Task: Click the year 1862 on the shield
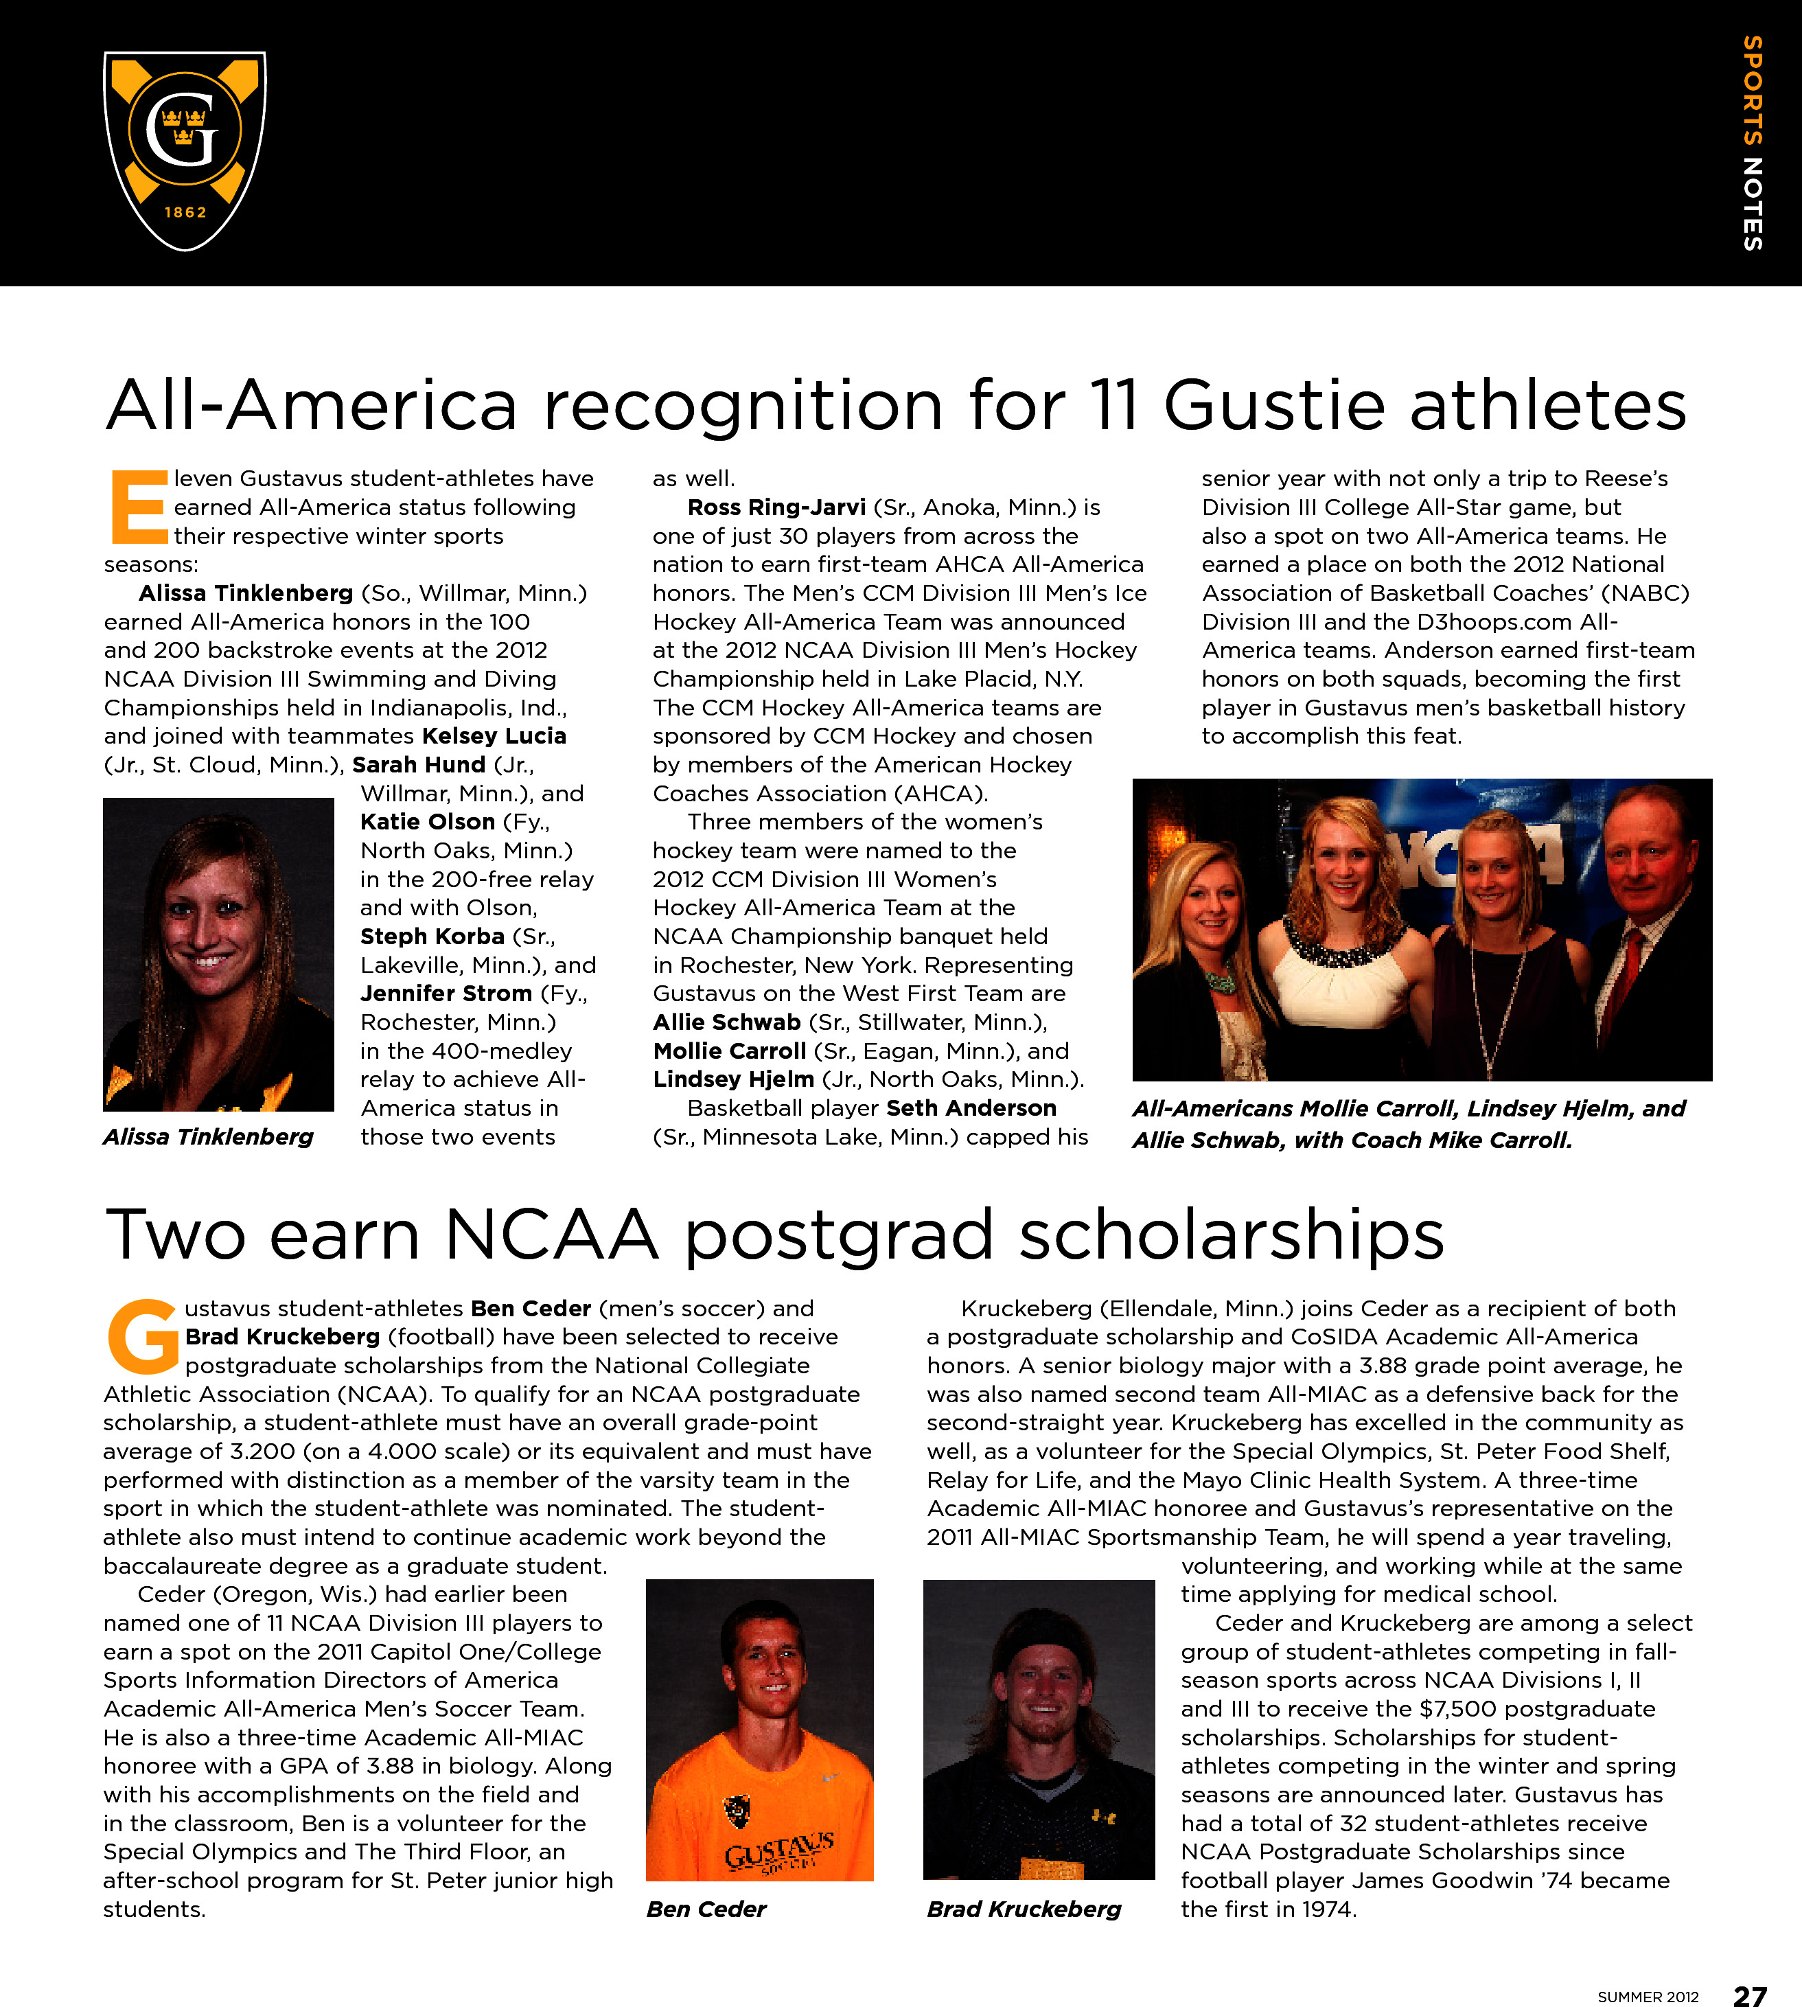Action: [185, 212]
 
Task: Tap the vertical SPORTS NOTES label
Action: [1753, 143]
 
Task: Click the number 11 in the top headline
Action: [1113, 405]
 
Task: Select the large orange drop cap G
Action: [143, 1338]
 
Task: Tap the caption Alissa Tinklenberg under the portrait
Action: [208, 1136]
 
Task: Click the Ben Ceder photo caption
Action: [706, 1909]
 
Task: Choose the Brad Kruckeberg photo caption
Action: [1024, 1909]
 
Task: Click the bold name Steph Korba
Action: [432, 937]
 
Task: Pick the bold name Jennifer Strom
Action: [446, 993]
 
